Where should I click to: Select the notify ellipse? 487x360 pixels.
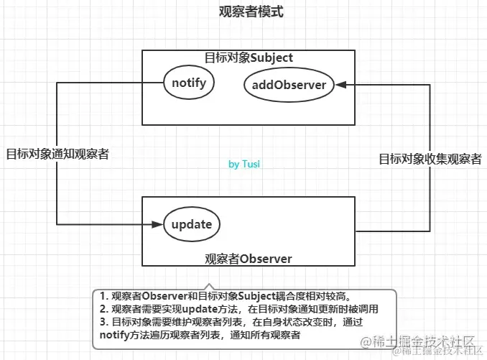point(189,83)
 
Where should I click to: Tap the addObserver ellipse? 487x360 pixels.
point(288,85)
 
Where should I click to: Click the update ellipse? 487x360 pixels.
point(192,224)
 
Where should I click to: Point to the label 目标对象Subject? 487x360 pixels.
point(249,57)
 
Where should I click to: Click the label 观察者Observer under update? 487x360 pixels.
point(248,258)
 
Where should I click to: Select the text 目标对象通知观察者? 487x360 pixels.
point(57,154)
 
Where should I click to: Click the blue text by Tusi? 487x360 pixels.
point(244,165)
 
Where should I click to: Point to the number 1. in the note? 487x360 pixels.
point(103,296)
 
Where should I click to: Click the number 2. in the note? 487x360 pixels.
point(103,309)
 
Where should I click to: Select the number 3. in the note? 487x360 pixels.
point(103,322)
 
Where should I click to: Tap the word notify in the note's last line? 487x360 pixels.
point(116,335)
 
